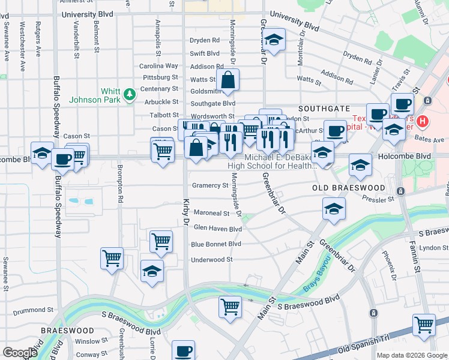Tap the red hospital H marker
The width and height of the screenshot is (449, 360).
423,121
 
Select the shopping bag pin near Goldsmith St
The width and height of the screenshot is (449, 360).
228,80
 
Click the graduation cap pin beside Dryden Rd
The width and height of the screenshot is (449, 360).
274,40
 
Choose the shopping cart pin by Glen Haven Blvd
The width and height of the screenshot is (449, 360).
161,242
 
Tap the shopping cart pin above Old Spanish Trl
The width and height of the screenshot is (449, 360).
424,325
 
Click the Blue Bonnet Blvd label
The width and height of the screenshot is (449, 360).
215,244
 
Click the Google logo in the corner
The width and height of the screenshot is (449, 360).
20,352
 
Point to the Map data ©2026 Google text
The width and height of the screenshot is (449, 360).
411,355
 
